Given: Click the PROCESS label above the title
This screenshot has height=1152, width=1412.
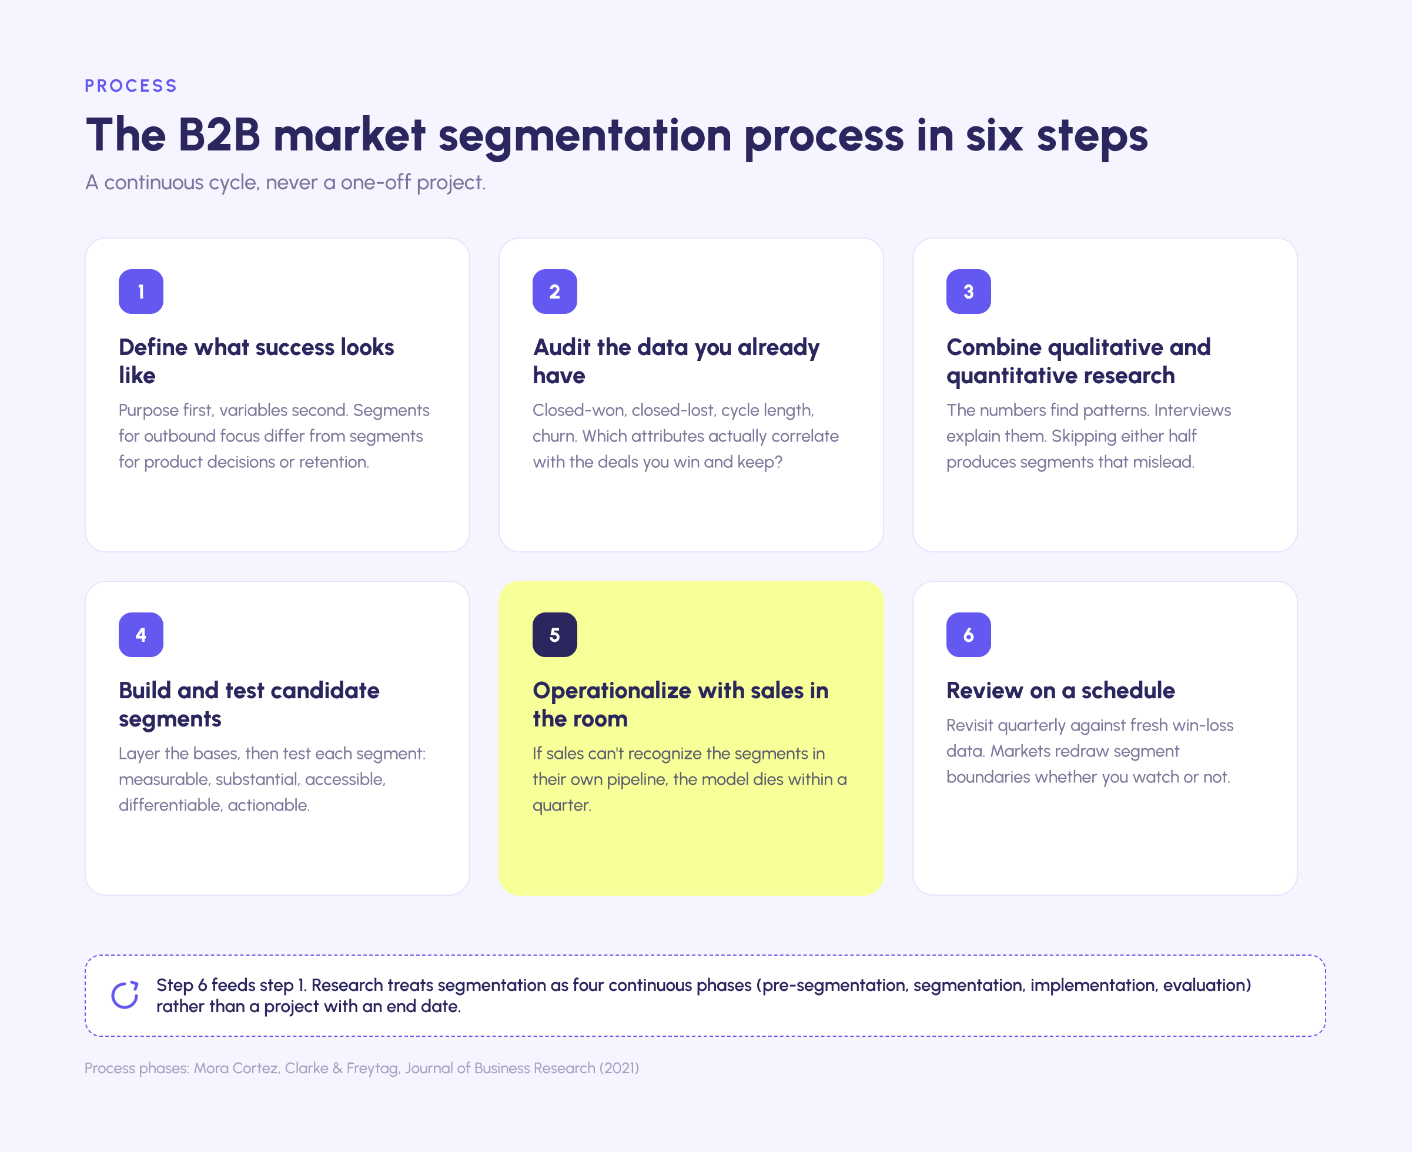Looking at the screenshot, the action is [131, 86].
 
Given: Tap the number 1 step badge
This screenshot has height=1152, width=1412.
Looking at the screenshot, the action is [140, 292].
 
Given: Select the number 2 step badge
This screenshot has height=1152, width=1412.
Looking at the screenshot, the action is [555, 292].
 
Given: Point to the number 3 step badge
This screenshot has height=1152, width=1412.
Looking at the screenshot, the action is [969, 292].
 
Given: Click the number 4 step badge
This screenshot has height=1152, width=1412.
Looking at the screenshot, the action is [140, 634].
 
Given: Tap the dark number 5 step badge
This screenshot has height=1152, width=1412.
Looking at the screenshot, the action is [555, 634].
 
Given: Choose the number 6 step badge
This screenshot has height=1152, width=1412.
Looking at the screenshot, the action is [969, 634].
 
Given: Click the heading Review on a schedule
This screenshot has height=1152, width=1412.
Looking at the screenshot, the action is [1060, 690].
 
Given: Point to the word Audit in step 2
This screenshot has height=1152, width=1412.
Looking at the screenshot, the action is [562, 347].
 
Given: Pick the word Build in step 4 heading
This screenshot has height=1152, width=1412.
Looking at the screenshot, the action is [145, 690].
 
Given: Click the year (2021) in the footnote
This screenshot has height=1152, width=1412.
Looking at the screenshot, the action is [619, 1069].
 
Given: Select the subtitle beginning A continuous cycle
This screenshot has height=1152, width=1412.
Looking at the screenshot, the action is [285, 182].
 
